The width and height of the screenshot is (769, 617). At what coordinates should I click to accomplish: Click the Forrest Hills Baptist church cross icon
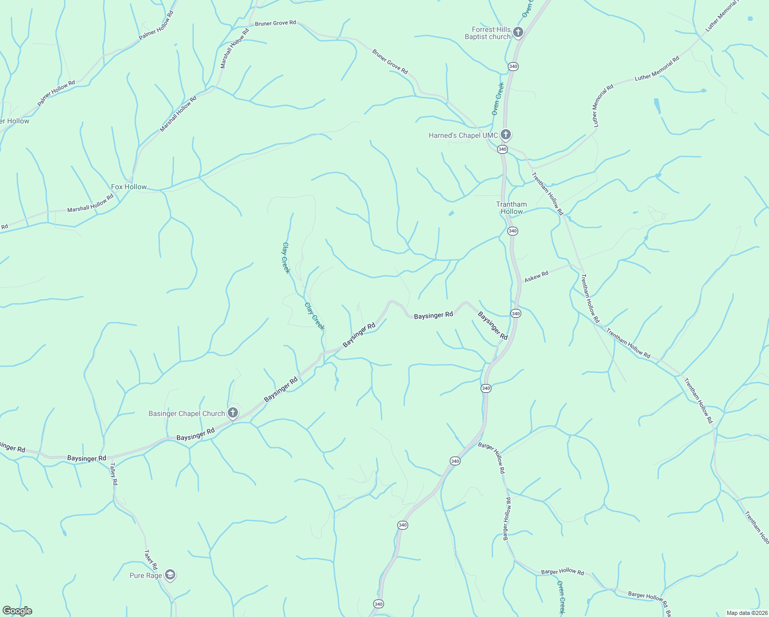click(518, 32)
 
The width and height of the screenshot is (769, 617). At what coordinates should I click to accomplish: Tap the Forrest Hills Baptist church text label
click(488, 33)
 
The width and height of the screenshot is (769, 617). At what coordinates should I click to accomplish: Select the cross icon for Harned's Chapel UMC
click(506, 135)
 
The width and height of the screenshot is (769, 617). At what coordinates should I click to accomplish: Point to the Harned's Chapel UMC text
click(463, 136)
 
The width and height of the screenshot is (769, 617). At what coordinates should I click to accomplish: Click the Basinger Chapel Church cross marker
click(233, 413)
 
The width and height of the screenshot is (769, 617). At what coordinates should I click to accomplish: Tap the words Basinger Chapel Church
click(187, 413)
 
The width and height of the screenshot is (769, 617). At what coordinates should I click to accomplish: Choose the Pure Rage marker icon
click(170, 575)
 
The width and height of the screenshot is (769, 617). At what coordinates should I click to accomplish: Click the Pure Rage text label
click(145, 575)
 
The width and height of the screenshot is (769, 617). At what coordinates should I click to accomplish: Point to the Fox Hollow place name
click(129, 187)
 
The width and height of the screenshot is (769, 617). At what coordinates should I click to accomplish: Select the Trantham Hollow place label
click(511, 208)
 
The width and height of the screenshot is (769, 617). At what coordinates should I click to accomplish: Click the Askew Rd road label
click(536, 277)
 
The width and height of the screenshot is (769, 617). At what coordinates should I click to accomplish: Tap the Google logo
click(17, 611)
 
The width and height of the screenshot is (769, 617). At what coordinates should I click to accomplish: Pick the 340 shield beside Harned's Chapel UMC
click(502, 149)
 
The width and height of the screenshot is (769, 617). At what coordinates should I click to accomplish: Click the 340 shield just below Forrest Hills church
click(512, 66)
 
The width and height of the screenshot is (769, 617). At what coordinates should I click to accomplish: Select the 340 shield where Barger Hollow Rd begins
click(455, 461)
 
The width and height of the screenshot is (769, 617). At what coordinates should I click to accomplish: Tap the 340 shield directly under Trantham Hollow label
click(512, 231)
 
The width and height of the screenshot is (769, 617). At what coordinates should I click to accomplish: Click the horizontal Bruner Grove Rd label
click(276, 23)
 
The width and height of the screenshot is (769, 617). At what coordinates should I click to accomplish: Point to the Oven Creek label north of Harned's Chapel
click(498, 98)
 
